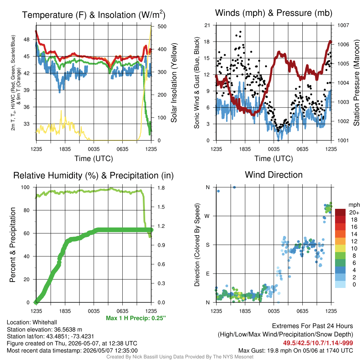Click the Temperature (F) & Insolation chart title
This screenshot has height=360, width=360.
[x=94, y=15]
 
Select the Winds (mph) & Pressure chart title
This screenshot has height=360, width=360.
[x=274, y=13]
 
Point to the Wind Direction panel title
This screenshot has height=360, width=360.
[x=274, y=175]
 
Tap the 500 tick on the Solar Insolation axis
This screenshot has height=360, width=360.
[x=162, y=26]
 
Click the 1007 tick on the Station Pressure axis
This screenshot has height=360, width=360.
[x=343, y=25]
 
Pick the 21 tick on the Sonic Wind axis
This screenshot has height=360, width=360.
[x=207, y=25]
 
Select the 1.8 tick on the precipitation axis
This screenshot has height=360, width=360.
[x=161, y=188]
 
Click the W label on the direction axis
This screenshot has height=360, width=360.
[x=207, y=216]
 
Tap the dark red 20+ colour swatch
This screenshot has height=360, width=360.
[x=340, y=212]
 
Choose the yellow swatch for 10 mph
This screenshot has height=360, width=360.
[x=340, y=249]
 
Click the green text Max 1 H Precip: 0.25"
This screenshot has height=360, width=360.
[x=136, y=318]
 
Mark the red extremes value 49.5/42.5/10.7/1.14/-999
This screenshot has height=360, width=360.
[x=318, y=343]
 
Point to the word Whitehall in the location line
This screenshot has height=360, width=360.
[x=45, y=322]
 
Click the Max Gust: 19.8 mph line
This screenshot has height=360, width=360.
[x=295, y=351]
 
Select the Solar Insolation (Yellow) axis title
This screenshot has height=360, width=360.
[x=174, y=83]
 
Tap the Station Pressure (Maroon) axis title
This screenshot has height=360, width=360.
[x=356, y=83]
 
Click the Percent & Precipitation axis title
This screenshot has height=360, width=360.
[x=12, y=245]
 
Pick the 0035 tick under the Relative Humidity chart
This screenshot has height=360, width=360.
[x=94, y=311]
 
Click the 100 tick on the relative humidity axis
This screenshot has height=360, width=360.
[x=25, y=187]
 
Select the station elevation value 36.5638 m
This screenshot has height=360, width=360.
[x=68, y=329]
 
